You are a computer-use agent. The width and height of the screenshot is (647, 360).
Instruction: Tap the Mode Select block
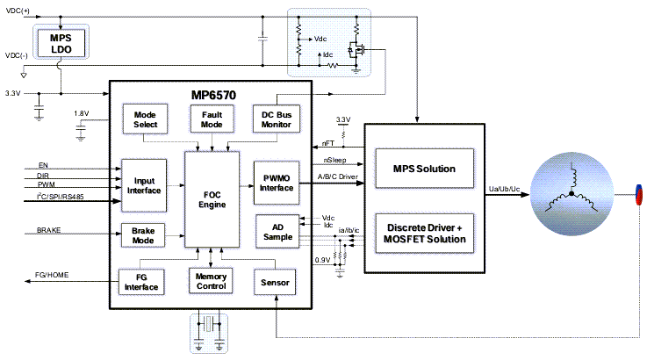[145, 120]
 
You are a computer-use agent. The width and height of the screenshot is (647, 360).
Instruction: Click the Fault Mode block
[211, 120]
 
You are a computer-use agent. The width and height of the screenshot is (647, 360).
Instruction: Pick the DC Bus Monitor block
[276, 120]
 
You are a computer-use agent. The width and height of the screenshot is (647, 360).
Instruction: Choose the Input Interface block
[144, 185]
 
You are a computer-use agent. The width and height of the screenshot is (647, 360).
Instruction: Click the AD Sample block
[276, 229]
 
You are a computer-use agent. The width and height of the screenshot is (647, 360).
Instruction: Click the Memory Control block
[211, 280]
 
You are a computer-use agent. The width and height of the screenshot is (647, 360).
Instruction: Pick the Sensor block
[276, 282]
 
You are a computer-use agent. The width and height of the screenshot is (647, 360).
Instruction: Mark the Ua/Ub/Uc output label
[505, 188]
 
